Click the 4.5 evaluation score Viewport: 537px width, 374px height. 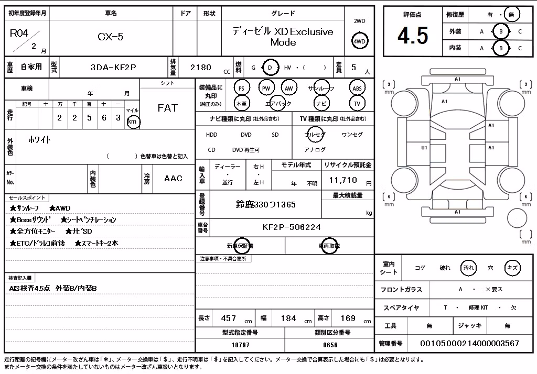tap(413, 36)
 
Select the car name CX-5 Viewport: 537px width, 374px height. tap(110, 37)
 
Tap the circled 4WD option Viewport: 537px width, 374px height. tap(359, 41)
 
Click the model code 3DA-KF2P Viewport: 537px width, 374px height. tap(113, 68)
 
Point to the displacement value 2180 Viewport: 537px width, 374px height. tap(201, 68)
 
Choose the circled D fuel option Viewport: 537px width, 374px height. tap(270, 68)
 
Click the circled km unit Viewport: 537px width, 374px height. tap(133, 122)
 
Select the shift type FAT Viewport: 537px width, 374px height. tap(168, 108)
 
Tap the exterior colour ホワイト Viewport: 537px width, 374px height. tap(40, 139)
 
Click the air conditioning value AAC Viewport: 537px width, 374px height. tap(173, 178)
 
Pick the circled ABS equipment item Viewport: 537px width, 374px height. tap(357, 89)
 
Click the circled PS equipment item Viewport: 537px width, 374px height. tap(241, 89)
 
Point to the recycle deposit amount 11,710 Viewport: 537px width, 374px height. tap(343, 180)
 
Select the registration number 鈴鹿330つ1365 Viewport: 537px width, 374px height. tap(265, 205)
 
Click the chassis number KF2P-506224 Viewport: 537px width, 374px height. tap(292, 227)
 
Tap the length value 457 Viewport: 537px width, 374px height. tap(229, 318)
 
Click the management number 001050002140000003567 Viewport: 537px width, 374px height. tap(469, 343)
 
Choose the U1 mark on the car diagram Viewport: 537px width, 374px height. tap(424, 148)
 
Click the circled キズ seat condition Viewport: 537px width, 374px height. tap(512, 268)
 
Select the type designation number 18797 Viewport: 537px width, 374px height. tap(240, 345)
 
